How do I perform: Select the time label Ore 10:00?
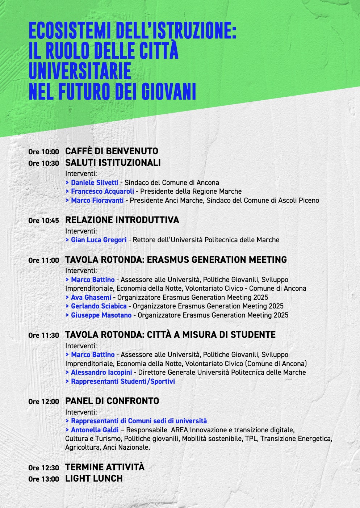(x=43, y=152)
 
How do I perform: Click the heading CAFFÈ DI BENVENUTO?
(x=112, y=151)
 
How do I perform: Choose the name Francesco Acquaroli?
(x=102, y=191)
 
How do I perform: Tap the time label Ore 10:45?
(x=43, y=221)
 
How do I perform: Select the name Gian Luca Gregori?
(x=99, y=240)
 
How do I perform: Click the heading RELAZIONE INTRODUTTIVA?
(x=122, y=220)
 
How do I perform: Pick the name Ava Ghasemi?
(x=91, y=297)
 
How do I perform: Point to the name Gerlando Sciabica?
(x=99, y=306)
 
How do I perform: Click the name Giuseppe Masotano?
(x=101, y=315)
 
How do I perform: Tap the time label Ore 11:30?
(x=43, y=335)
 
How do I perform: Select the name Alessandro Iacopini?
(x=102, y=372)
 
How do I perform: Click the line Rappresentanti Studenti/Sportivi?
(x=123, y=381)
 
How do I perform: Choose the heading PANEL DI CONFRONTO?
(x=112, y=401)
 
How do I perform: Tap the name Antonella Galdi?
(x=95, y=430)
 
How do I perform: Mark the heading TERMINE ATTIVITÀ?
(x=105, y=467)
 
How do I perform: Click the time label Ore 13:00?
(x=43, y=479)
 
